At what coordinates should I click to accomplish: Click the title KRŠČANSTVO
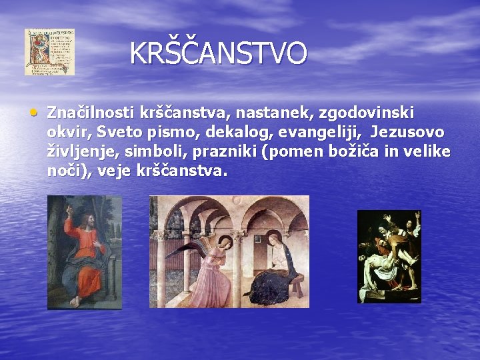click(x=218, y=53)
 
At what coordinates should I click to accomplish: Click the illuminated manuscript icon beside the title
click(x=49, y=52)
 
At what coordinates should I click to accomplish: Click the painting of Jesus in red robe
click(x=84, y=252)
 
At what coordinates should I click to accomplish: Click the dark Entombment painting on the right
click(x=389, y=256)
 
